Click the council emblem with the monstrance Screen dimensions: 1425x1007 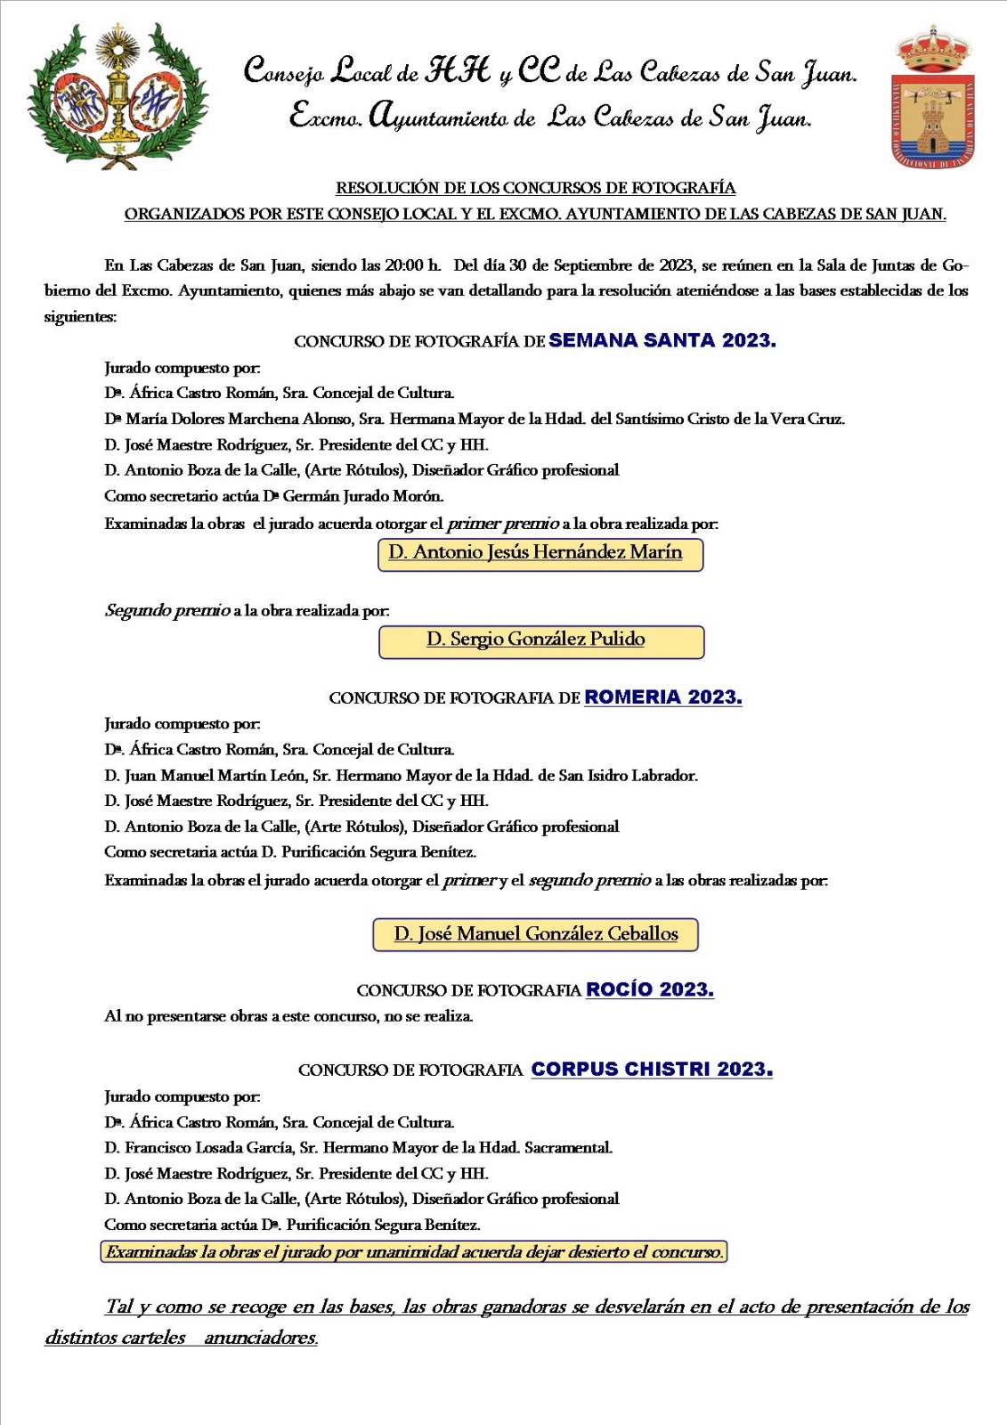(116, 96)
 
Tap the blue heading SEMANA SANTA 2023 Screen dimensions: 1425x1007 (662, 340)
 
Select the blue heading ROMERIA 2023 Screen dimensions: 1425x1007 (662, 696)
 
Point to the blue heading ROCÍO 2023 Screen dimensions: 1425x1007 (649, 989)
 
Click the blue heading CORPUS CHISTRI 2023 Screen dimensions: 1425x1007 (651, 1069)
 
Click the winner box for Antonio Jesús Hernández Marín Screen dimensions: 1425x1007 (540, 553)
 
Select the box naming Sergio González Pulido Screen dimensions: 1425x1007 (541, 640)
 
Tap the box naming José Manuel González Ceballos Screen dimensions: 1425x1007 (535, 934)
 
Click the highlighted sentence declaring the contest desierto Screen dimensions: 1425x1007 (413, 1251)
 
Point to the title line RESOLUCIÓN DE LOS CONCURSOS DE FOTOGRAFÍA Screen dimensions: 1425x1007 (535, 188)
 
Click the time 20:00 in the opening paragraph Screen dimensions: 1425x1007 (405, 265)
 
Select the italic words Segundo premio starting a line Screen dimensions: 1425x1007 (166, 610)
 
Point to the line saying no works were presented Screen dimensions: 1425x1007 (288, 1015)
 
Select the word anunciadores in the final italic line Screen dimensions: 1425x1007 (260, 1337)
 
